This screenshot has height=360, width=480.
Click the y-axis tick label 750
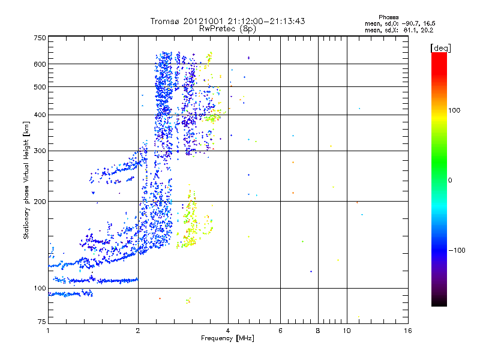tap(40, 37)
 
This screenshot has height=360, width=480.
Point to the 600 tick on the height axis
tap(40, 64)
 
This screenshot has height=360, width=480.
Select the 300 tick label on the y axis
tap(40, 151)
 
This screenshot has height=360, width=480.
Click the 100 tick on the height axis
tap(40, 288)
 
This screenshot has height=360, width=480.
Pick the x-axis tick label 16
tap(407, 331)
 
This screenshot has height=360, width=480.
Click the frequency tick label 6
tap(280, 331)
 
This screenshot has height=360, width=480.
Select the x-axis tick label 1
tap(48, 331)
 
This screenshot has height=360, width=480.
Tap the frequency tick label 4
tap(228, 331)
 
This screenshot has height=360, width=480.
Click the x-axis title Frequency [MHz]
tap(228, 339)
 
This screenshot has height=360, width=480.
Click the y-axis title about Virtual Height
tap(27, 180)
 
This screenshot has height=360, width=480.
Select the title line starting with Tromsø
tap(228, 21)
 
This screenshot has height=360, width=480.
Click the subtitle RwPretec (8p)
tap(228, 28)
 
